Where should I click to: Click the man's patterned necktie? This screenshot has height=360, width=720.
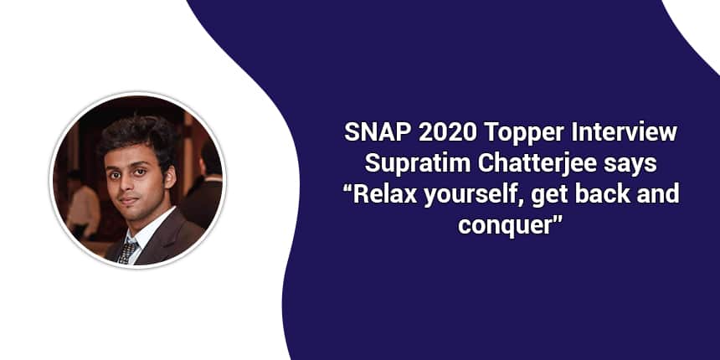(128, 251)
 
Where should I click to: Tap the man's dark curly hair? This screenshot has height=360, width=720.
(136, 139)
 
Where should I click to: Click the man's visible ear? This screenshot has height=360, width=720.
(169, 177)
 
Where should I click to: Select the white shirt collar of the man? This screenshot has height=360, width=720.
(148, 229)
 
